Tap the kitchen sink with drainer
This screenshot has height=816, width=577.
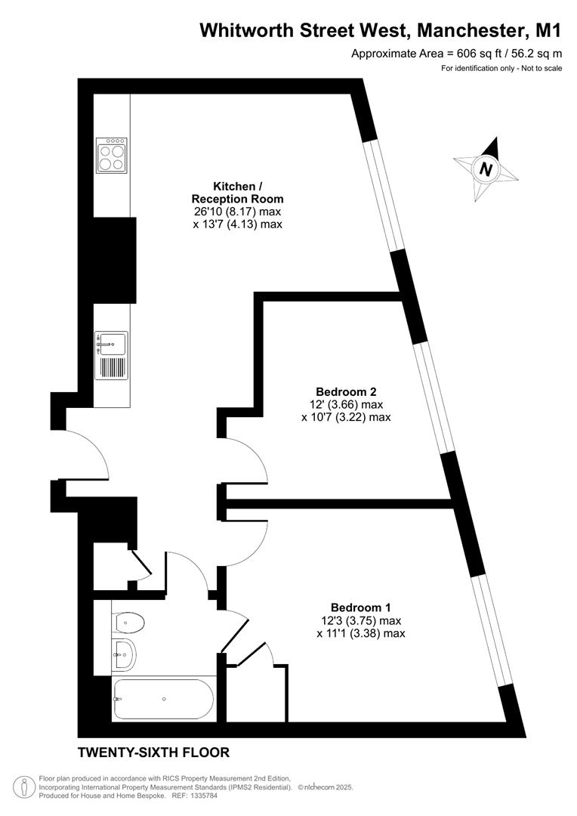[112, 355]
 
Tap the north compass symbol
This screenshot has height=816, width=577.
[487, 168]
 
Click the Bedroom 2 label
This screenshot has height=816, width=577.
[346, 391]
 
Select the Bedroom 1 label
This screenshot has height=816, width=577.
[361, 607]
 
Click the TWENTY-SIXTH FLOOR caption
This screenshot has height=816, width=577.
[153, 753]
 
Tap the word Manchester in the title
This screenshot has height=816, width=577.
[469, 31]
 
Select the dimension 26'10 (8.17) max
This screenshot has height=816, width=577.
[238, 212]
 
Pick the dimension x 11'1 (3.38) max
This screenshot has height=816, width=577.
[361, 633]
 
